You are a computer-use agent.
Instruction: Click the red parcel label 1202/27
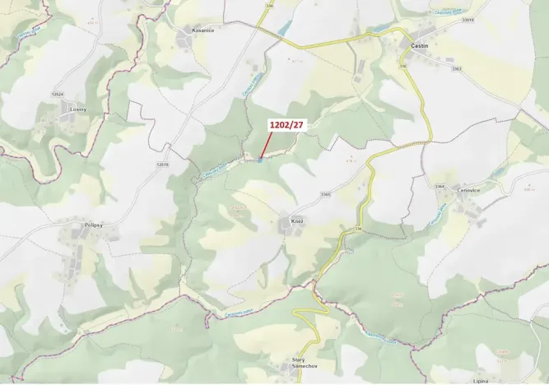286,126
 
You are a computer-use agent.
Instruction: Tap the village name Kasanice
202,30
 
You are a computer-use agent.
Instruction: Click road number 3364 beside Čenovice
439,187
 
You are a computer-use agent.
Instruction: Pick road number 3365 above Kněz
325,194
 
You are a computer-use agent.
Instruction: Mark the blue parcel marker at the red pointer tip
259,160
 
